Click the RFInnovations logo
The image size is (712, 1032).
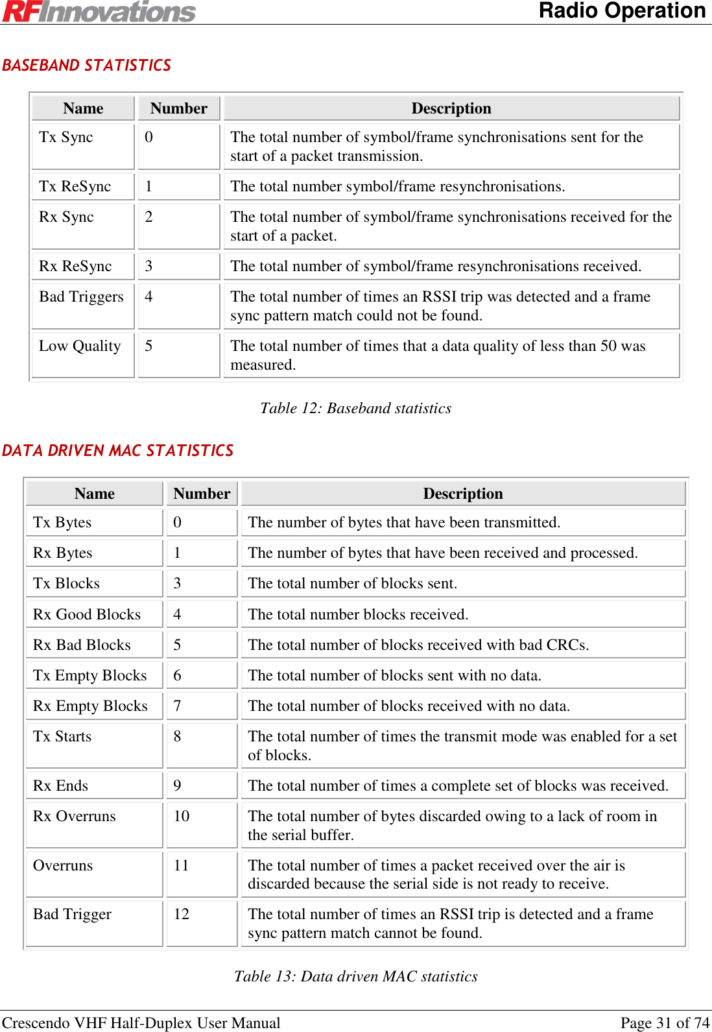[99, 12]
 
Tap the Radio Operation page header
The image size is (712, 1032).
[622, 11]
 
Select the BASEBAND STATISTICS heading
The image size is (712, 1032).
[86, 66]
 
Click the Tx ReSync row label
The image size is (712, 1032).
[75, 187]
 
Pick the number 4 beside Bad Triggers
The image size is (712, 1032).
[149, 297]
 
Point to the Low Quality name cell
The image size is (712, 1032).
[80, 346]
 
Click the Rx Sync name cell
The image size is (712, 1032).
[66, 217]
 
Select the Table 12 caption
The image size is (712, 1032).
[355, 409]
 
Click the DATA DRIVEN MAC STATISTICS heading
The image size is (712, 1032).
[117, 451]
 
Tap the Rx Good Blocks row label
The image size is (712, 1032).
[87, 615]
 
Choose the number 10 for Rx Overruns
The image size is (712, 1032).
[182, 817]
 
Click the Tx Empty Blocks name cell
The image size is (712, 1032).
[90, 676]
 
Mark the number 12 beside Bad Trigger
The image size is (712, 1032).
[182, 915]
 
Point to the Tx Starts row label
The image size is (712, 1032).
[62, 737]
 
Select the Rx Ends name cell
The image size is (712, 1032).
[60, 786]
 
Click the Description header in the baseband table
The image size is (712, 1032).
[451, 109]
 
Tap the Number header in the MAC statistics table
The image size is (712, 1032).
[202, 494]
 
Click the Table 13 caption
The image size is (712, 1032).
[355, 977]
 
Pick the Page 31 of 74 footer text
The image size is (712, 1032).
[665, 1023]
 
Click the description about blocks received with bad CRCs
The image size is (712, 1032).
[418, 645]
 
